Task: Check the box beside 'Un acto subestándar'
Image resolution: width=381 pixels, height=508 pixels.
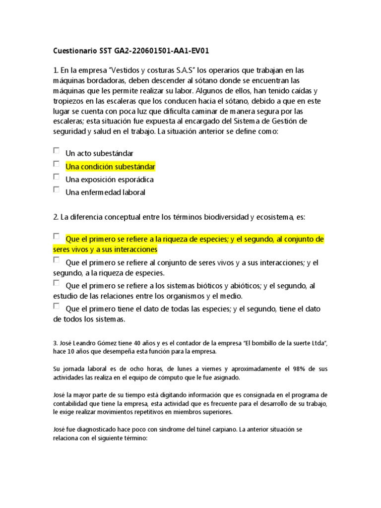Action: (57, 150)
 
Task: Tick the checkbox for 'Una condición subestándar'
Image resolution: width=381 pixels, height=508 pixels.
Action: (57, 163)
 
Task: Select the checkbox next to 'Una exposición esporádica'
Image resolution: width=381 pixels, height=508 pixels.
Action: (57, 176)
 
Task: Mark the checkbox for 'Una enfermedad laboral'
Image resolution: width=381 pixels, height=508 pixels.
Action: (57, 189)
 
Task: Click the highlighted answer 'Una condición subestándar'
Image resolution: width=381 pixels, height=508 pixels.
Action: (110, 166)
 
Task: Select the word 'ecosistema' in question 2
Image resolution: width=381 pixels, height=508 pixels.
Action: (274, 217)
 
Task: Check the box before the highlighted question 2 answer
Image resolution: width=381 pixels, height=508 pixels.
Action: (57, 236)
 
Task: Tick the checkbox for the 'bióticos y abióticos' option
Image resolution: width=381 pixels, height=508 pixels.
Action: (57, 283)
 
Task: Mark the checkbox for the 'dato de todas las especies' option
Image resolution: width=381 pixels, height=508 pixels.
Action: (57, 306)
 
